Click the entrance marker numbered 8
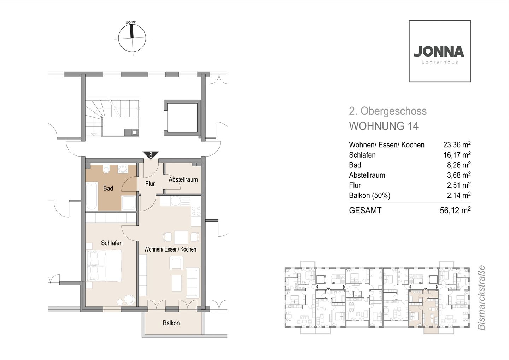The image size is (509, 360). click(x=151, y=155)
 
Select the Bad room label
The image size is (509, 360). click(x=108, y=188)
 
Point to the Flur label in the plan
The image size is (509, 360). click(x=150, y=183)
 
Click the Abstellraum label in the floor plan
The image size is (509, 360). click(x=183, y=179)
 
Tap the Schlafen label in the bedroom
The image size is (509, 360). click(x=112, y=243)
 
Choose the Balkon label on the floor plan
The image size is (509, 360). click(x=171, y=323)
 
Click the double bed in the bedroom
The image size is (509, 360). click(x=104, y=266)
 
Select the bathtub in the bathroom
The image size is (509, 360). click(x=92, y=196)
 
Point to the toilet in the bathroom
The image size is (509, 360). click(x=106, y=169)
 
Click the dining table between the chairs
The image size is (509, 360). click(x=181, y=237)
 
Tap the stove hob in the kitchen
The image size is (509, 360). click(x=196, y=211)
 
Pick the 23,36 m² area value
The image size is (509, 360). click(x=457, y=144)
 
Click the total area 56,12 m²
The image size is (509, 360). click(x=455, y=210)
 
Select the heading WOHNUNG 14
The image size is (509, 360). click(x=384, y=126)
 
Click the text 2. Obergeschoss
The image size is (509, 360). click(x=388, y=111)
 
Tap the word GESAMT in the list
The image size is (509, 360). click(x=365, y=211)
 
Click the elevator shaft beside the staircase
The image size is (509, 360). click(x=182, y=118)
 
